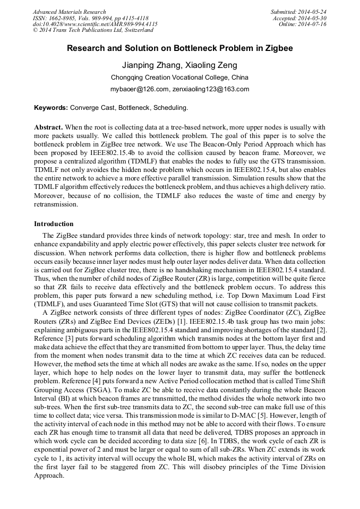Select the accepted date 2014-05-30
[313, 18]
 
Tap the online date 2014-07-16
[313, 24]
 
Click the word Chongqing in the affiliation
[127, 77]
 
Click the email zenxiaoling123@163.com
[211, 89]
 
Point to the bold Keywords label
[51, 108]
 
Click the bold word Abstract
[48, 128]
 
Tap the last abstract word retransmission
[56, 204]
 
